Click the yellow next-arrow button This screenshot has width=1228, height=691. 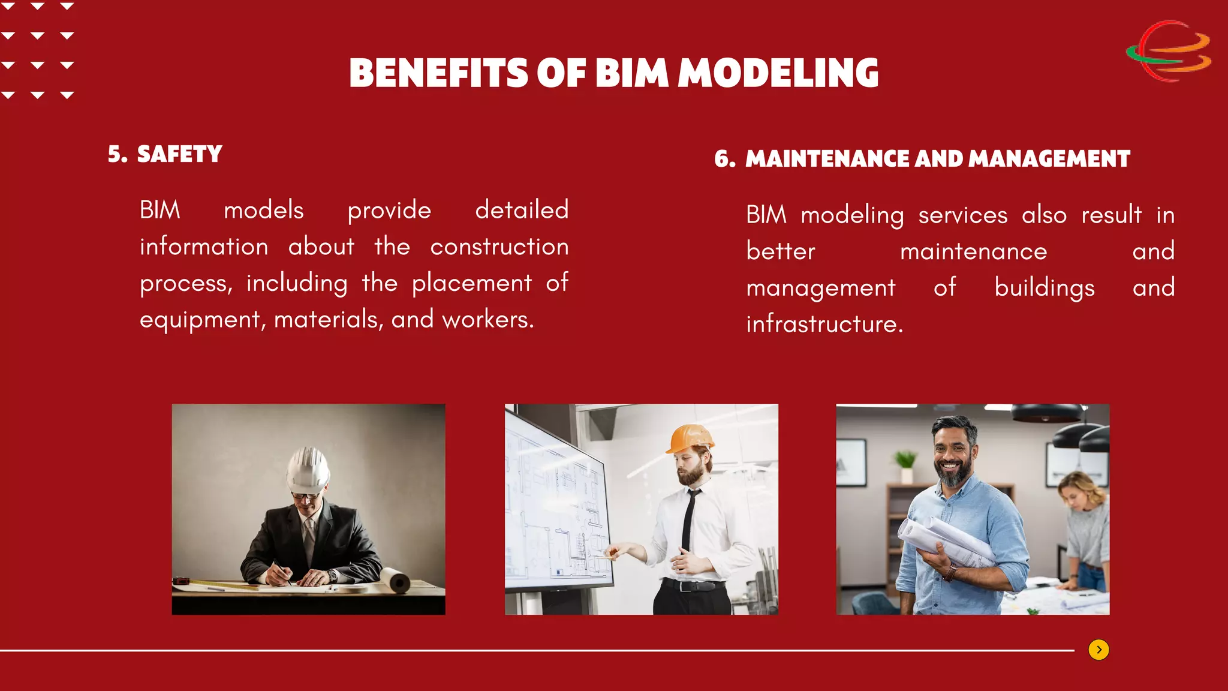point(1098,650)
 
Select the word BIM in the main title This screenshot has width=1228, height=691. point(631,73)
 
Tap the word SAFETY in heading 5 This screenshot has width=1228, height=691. point(179,154)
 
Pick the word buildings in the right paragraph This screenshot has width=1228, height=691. point(1044,288)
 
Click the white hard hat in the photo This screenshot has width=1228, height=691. point(308,470)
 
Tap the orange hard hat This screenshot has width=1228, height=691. point(691,438)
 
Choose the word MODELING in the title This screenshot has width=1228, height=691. point(778,73)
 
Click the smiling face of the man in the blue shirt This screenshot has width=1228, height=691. point(953,459)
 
